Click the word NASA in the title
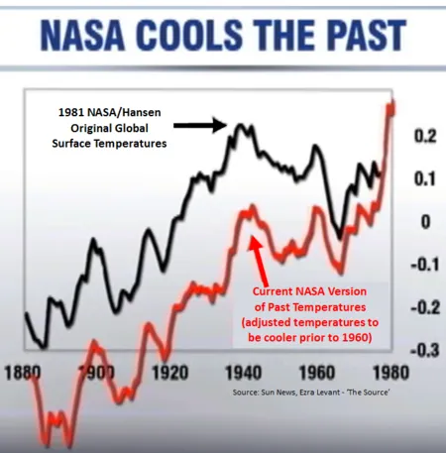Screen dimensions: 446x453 point(82,35)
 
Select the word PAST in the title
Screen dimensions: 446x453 point(368,35)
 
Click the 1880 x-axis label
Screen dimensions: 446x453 point(23,373)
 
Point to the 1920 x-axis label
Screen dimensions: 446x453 point(169,373)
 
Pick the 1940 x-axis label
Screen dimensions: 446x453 point(244,373)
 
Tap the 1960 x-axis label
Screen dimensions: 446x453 point(317,373)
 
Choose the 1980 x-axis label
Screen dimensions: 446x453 point(390,373)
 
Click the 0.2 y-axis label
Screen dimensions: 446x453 point(425,136)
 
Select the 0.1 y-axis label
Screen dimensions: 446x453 point(425,178)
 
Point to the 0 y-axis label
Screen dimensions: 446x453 point(426,222)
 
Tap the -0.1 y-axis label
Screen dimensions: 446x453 point(425,265)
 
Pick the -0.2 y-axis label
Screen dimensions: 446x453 point(425,307)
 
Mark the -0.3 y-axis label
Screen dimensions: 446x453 point(425,350)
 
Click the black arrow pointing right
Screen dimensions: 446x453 point(200,125)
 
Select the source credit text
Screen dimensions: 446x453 point(311,393)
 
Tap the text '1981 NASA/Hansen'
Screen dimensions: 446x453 point(110,112)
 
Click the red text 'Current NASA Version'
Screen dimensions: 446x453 point(309,291)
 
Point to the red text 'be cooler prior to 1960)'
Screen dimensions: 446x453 point(310,337)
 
